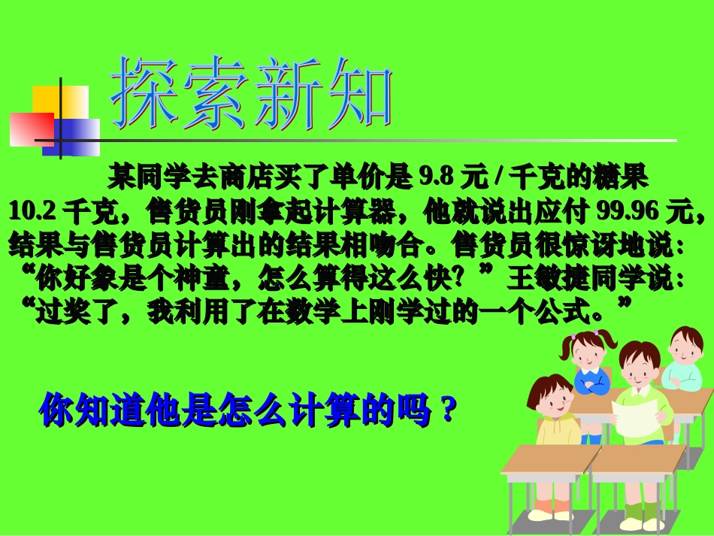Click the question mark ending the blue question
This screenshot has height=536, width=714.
(449, 410)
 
